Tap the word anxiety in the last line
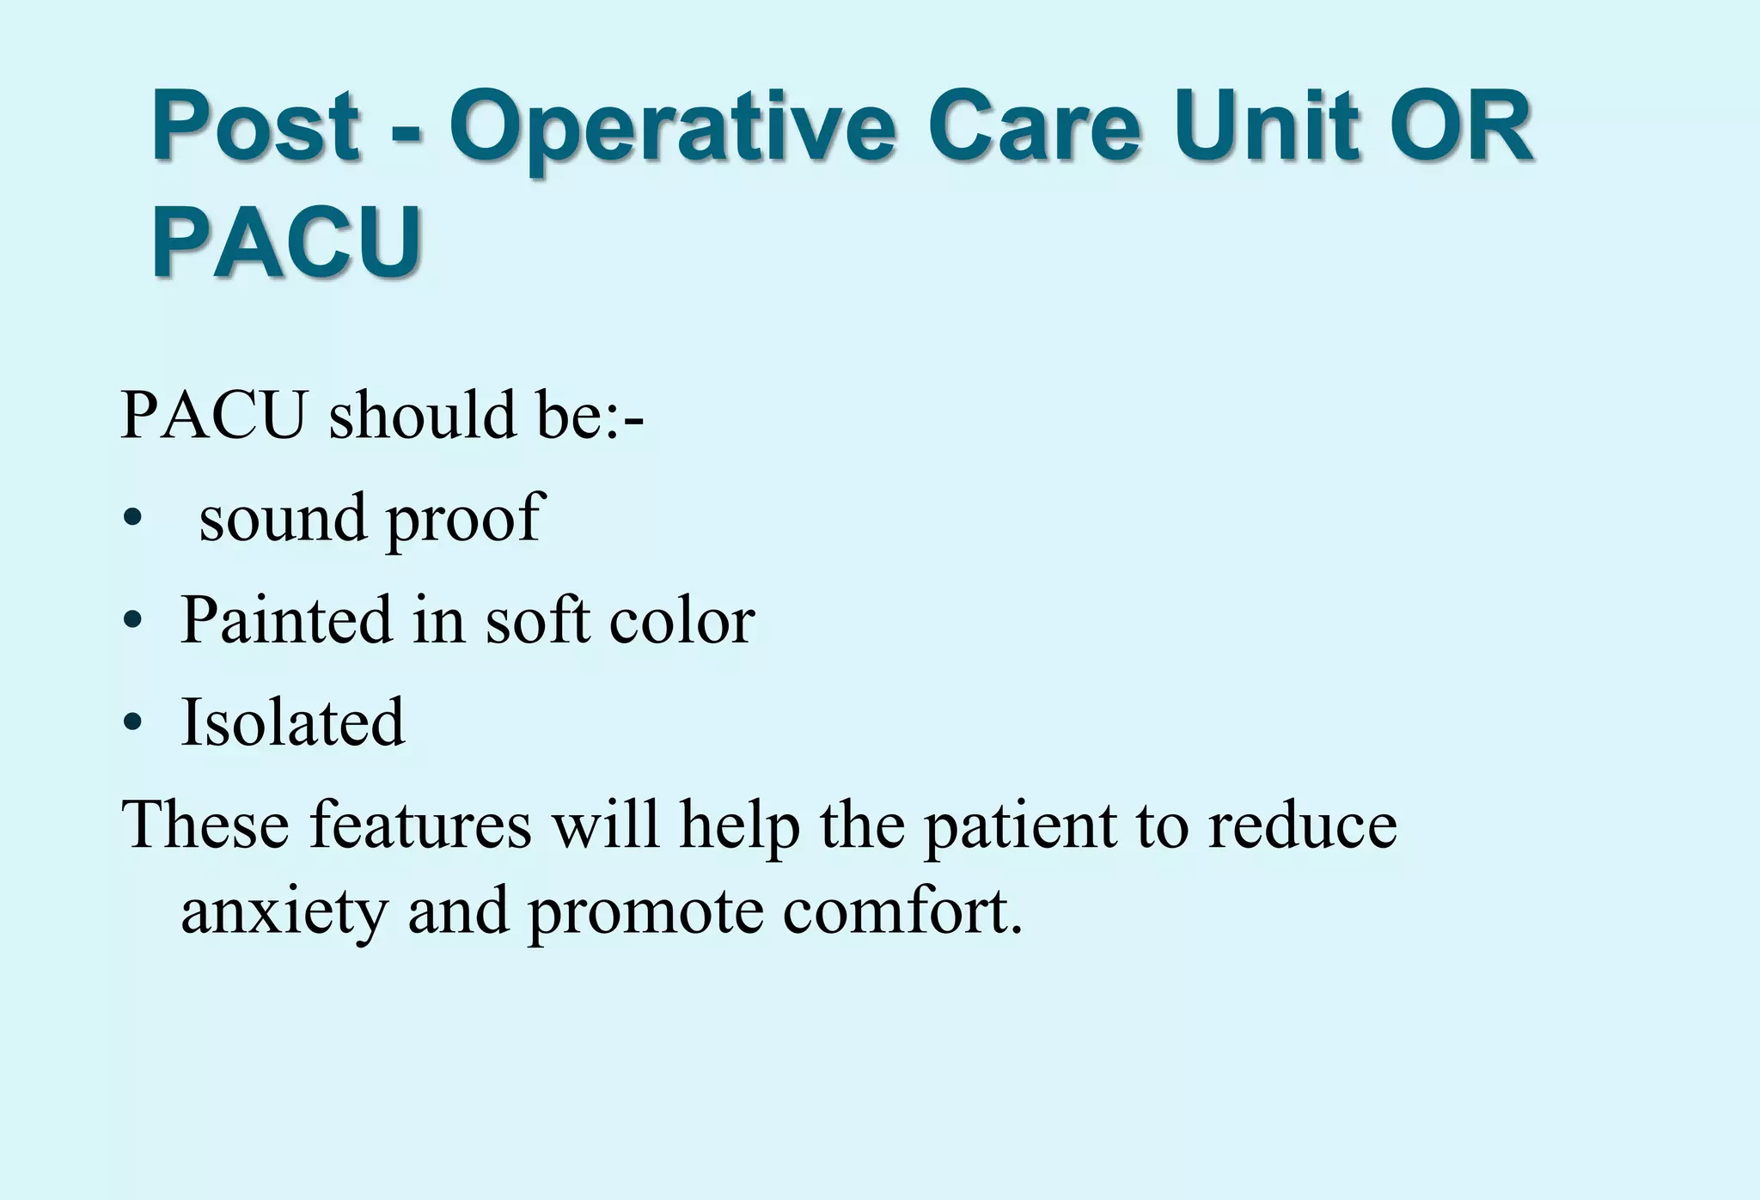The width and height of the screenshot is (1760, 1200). [284, 913]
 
